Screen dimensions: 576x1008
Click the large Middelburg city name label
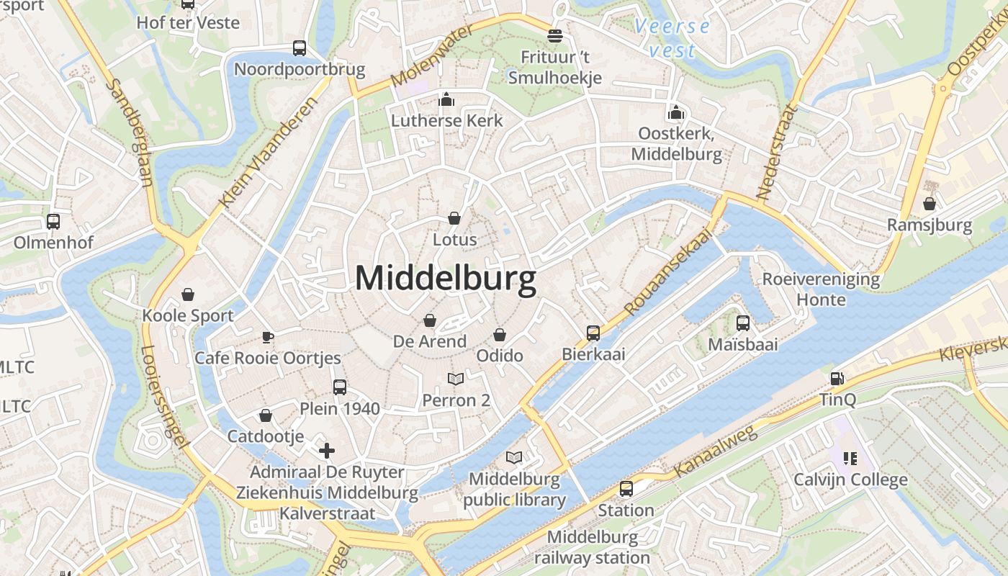coord(446,279)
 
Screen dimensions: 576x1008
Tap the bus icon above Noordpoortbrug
coord(300,48)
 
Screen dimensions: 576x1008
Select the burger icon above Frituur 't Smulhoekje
coord(554,35)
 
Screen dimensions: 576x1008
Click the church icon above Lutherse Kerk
coord(446,99)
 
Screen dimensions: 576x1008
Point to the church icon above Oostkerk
coord(675,112)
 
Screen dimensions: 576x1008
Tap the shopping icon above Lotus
coord(454,217)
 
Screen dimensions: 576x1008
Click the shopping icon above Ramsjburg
coord(930,204)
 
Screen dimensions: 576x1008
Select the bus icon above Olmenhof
coord(53,221)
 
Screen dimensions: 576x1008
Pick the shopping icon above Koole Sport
coord(188,294)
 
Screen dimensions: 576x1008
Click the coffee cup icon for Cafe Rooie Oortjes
coord(267,336)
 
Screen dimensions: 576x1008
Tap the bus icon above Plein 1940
coord(340,387)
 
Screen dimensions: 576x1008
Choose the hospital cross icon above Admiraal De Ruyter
coord(327,451)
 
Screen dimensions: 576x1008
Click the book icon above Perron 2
coord(456,379)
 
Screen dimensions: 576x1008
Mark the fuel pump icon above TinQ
coord(837,378)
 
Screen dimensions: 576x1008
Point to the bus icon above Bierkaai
coord(593,333)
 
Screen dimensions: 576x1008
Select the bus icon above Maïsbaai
coord(743,323)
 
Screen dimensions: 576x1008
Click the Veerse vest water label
coord(672,38)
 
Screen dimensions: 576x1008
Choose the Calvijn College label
coord(850,480)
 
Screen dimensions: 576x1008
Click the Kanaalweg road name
coord(716,451)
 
